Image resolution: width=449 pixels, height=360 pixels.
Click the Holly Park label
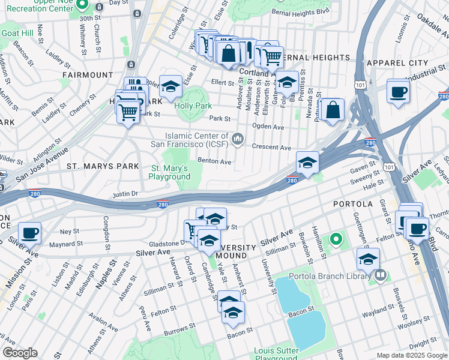tap(193, 106)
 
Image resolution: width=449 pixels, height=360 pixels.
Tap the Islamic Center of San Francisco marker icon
tap(238, 140)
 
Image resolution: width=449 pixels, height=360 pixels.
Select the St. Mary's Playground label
tap(170, 172)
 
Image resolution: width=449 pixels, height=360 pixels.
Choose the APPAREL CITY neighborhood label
tap(397, 63)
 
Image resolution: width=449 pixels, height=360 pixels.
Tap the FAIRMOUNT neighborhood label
tap(88, 75)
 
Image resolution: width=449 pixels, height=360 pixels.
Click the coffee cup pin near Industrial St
tap(399, 92)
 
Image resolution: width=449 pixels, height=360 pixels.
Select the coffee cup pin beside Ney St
tap(29, 232)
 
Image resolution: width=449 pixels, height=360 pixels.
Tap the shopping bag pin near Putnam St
tap(332, 110)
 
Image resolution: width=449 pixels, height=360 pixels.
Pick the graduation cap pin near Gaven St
tap(307, 163)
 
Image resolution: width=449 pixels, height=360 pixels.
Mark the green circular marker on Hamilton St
tap(336, 241)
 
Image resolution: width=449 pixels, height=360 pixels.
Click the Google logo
tap(20, 353)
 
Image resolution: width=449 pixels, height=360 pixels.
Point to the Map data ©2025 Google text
tap(412, 355)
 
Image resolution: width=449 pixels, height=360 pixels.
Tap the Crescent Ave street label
tap(271, 148)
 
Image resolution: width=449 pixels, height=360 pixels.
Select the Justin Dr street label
tap(126, 194)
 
